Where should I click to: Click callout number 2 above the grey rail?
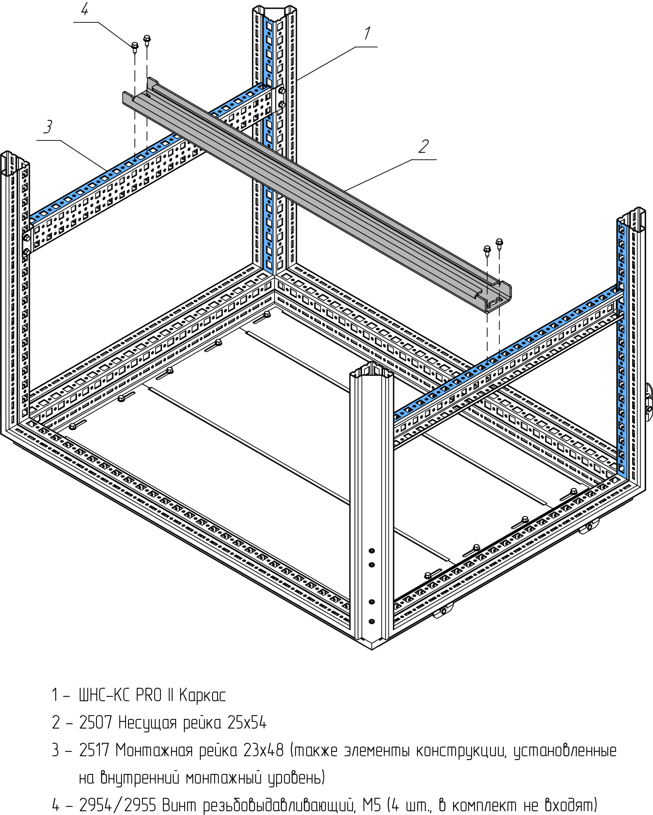pyautogui.click(x=424, y=146)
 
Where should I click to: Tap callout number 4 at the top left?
pyautogui.click(x=85, y=9)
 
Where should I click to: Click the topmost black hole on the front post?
pyautogui.click(x=371, y=550)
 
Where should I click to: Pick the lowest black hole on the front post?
pyautogui.click(x=371, y=621)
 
